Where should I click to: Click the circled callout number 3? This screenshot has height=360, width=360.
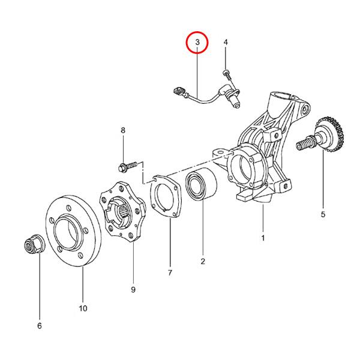(x=197, y=43)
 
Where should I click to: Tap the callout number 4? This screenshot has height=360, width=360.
(x=226, y=42)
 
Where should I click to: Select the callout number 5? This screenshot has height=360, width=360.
(x=323, y=214)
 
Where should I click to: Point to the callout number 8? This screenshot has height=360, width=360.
(x=123, y=130)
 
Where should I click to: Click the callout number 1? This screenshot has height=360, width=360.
(x=263, y=238)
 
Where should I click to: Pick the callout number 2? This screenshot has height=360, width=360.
(x=203, y=261)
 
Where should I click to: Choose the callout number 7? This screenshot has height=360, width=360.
(x=170, y=273)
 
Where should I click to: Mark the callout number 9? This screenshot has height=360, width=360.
(x=133, y=290)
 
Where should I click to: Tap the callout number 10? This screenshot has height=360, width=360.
(x=83, y=308)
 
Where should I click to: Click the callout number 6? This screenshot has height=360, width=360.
(x=40, y=326)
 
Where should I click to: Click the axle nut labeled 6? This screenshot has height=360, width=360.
(x=34, y=244)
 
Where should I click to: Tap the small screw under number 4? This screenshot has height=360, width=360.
(x=226, y=75)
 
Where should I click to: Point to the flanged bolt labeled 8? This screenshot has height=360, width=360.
(x=128, y=166)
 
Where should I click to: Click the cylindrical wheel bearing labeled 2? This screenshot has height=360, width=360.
(x=201, y=184)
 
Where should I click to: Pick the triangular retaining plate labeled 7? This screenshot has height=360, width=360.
(x=166, y=196)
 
